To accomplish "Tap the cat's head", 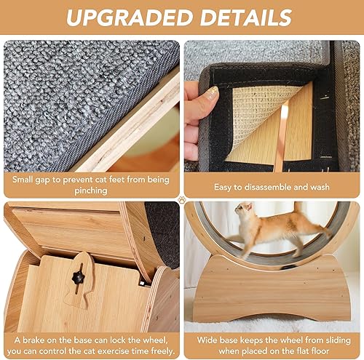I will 242,212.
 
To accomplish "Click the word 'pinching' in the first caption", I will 92,191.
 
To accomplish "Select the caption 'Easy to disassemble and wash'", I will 271,186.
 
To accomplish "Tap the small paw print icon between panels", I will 181,196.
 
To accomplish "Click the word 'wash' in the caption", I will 320,186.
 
